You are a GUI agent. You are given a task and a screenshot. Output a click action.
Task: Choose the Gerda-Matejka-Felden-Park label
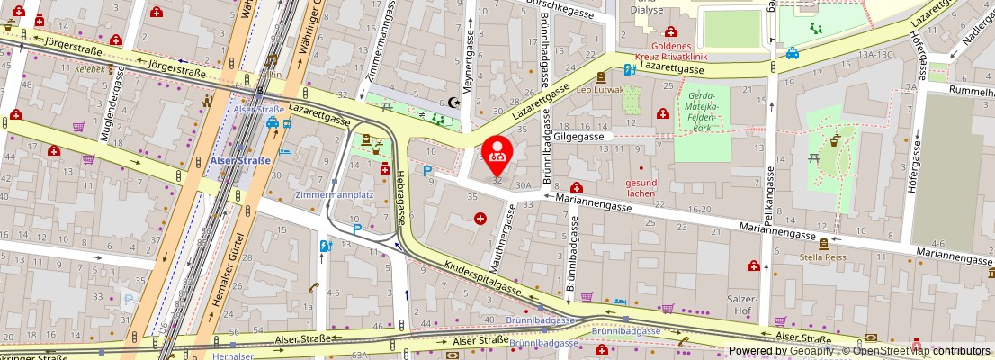(x=702, y=112)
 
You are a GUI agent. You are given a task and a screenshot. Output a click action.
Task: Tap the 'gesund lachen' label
(x=641, y=187)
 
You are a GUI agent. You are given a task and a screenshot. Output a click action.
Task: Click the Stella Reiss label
(x=823, y=256)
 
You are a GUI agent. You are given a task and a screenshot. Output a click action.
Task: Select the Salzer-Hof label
(x=744, y=303)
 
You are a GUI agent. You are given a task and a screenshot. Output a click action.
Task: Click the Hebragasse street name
(x=395, y=200)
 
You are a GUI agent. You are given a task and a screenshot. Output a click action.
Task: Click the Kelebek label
(x=90, y=68)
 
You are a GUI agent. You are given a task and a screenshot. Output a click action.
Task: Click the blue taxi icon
(x=793, y=52)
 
